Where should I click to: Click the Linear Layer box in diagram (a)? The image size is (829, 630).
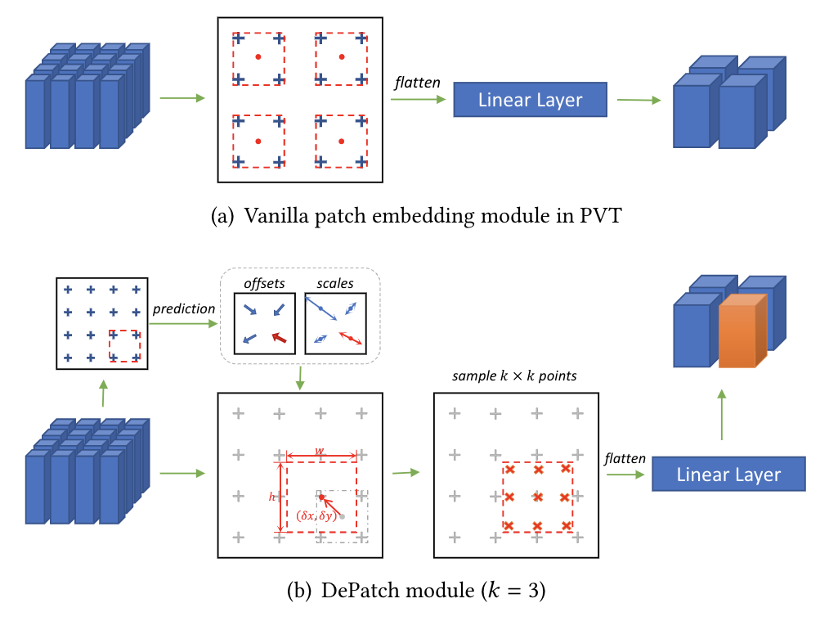click(530, 101)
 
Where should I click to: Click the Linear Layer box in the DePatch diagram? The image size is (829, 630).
click(728, 475)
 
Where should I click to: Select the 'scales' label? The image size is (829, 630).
click(335, 283)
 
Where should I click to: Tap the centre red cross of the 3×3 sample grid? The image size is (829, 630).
click(537, 497)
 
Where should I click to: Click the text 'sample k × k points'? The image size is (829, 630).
click(515, 377)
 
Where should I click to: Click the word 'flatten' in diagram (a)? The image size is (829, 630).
click(417, 83)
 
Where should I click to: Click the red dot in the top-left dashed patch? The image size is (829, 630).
click(258, 56)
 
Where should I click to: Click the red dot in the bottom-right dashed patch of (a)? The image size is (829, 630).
click(341, 142)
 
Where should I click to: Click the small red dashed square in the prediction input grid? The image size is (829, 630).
click(124, 346)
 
